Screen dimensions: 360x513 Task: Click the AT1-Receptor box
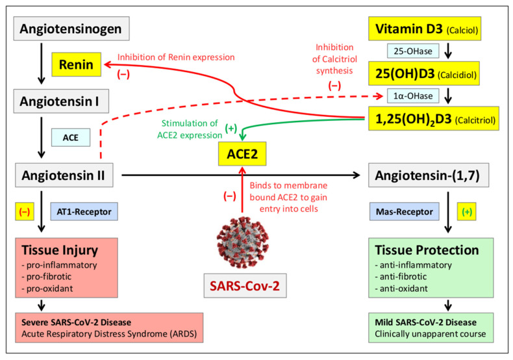86,211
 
